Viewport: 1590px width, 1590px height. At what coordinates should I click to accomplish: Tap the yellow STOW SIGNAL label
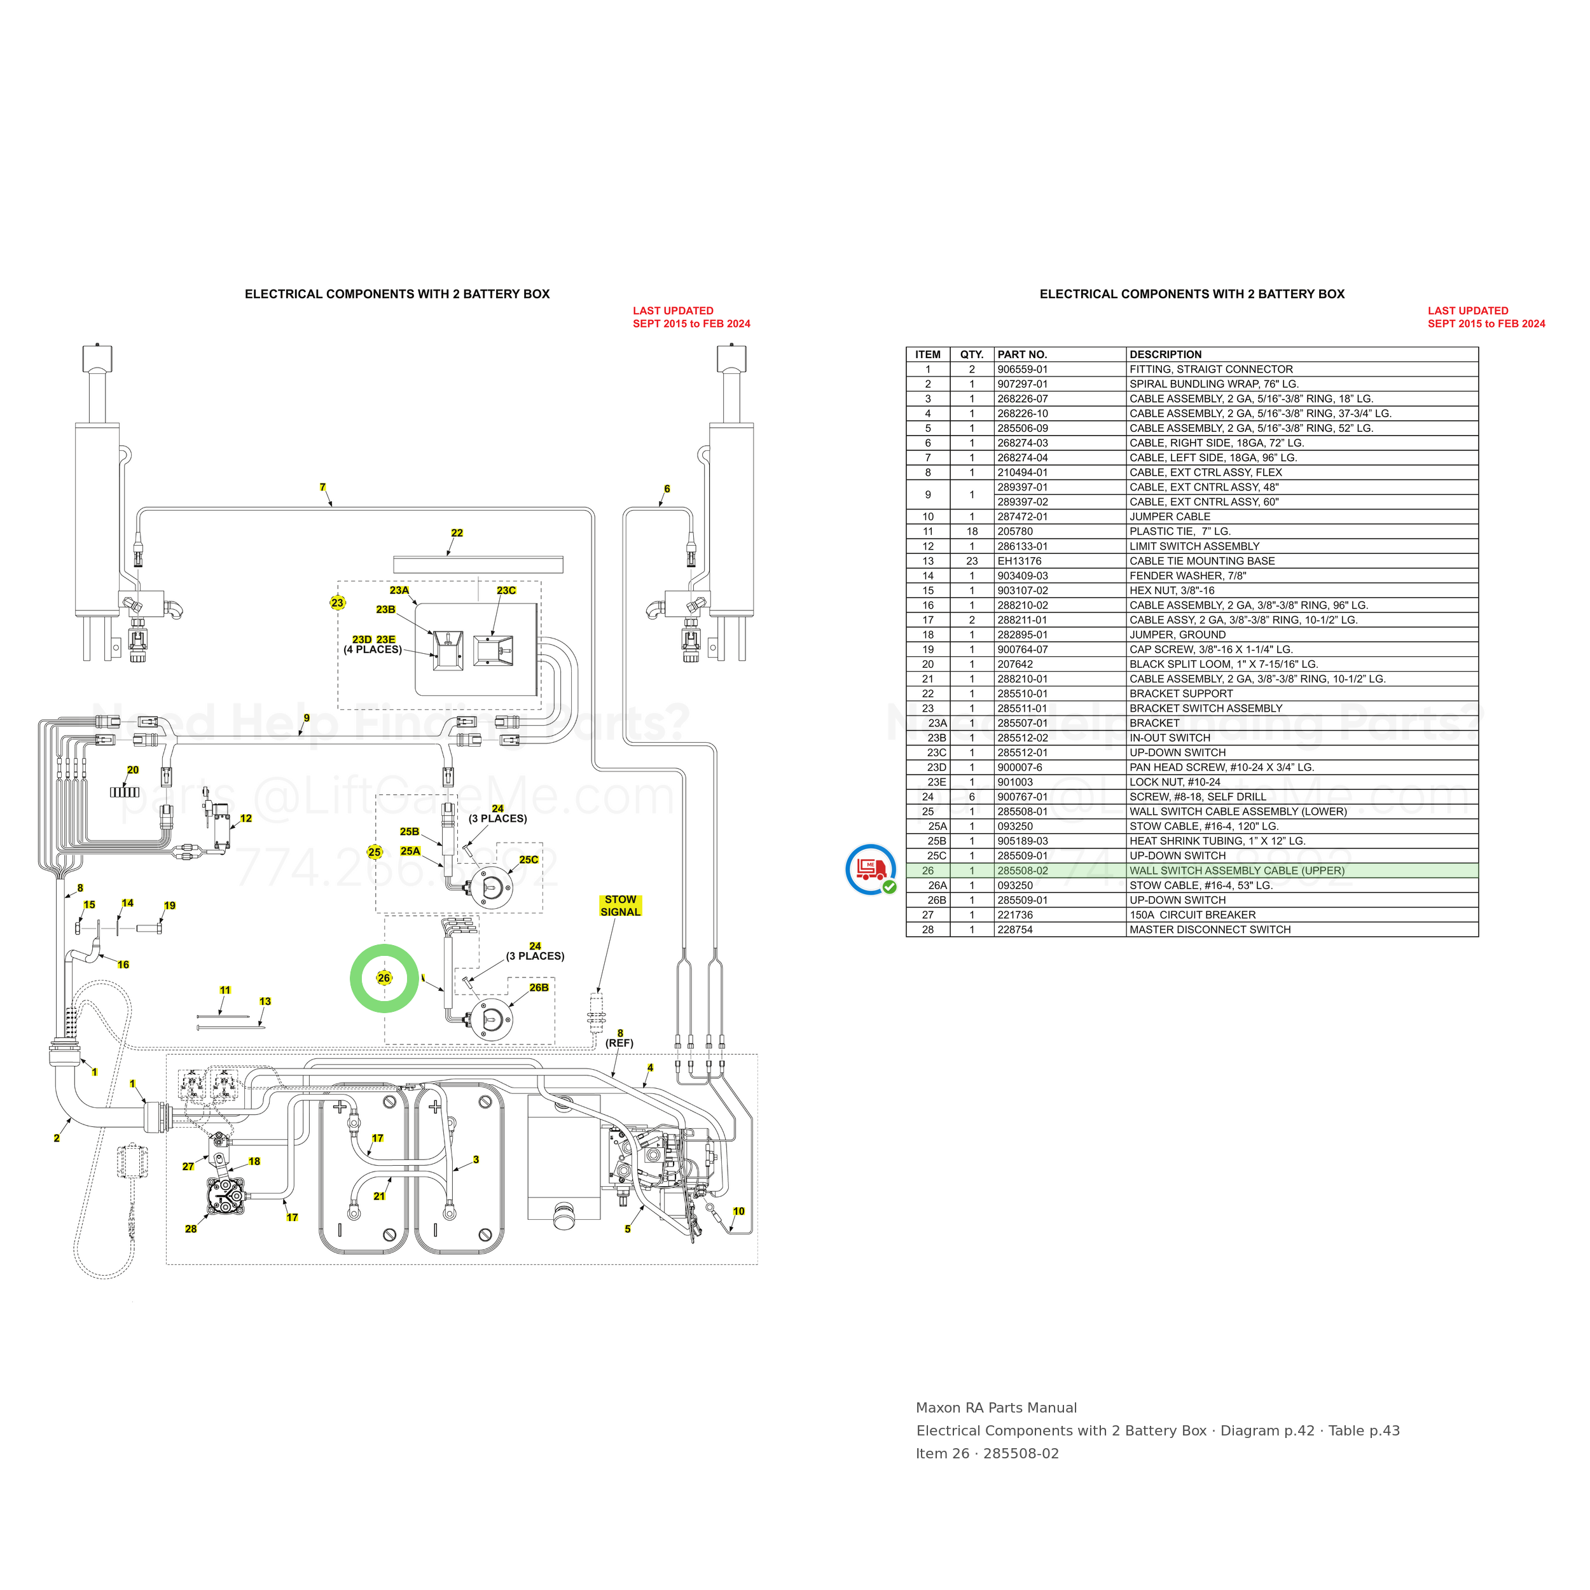(x=621, y=905)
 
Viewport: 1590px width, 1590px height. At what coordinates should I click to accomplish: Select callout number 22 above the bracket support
(x=457, y=532)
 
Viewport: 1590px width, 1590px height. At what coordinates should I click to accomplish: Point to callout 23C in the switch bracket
(x=506, y=590)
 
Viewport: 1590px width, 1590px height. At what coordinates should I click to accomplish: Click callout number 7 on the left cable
(x=322, y=487)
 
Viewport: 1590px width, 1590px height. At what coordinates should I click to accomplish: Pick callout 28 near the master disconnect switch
(x=191, y=1229)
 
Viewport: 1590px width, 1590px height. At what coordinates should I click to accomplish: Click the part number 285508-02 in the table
(x=1023, y=871)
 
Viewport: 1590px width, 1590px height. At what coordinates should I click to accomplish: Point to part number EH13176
(x=1020, y=562)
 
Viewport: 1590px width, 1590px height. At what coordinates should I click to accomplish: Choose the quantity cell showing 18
(x=972, y=532)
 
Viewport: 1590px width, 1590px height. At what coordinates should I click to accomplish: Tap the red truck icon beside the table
(x=871, y=869)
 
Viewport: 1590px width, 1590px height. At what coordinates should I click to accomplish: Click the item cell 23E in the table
(x=937, y=782)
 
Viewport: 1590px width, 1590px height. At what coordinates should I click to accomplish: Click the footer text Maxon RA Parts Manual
(x=997, y=1408)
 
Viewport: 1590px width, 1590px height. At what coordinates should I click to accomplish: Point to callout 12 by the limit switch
(x=246, y=818)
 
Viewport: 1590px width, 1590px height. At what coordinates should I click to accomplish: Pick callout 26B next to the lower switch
(x=539, y=988)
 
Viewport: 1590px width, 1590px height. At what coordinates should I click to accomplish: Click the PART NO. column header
(x=1022, y=355)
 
